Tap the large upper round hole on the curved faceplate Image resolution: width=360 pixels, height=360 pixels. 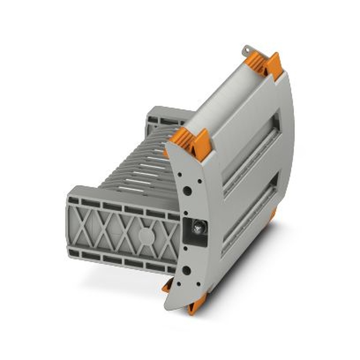pos(187,190)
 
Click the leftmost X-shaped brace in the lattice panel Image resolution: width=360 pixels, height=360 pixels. pos(84,227)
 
